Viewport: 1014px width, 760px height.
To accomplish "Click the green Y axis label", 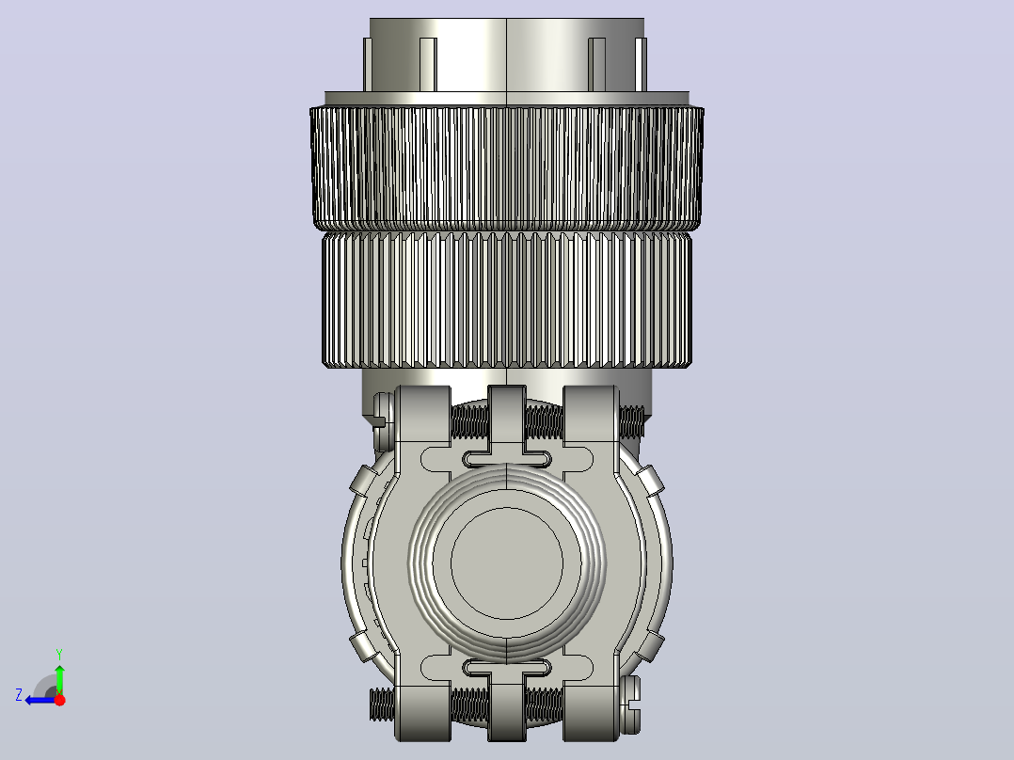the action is tap(59, 654).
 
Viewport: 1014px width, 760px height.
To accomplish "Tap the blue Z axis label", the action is tap(19, 695).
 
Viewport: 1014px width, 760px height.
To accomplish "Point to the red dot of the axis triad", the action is tap(59, 700).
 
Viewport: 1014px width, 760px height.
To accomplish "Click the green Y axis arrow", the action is tap(59, 679).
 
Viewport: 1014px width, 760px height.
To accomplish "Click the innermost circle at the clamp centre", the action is tap(507, 563).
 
